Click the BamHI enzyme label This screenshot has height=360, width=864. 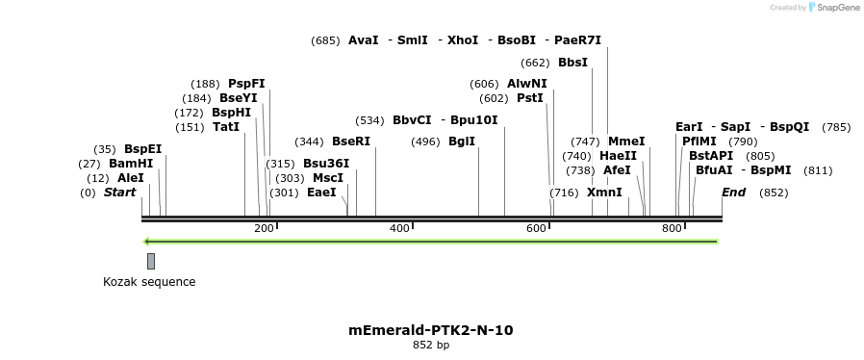pyautogui.click(x=131, y=164)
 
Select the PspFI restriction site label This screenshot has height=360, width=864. pyautogui.click(x=246, y=84)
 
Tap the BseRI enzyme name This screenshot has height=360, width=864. pyautogui.click(x=350, y=141)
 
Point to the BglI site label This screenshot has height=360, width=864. pyautogui.click(x=462, y=141)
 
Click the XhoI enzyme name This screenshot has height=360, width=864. pyautogui.click(x=463, y=40)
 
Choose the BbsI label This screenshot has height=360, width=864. pyautogui.click(x=572, y=64)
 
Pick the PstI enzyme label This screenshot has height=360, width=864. pyautogui.click(x=530, y=98)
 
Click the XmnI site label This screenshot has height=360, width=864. pyautogui.click(x=604, y=193)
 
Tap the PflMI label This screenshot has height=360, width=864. pyautogui.click(x=699, y=141)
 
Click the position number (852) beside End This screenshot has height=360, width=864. pyautogui.click(x=774, y=193)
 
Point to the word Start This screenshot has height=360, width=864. pyautogui.click(x=119, y=193)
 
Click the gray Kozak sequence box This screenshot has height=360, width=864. pyautogui.click(x=151, y=261)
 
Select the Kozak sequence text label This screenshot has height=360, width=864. pyautogui.click(x=149, y=282)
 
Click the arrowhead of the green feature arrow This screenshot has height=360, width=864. pyautogui.click(x=146, y=241)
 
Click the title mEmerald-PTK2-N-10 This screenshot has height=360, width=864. pyautogui.click(x=431, y=330)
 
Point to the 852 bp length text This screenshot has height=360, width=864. pyautogui.click(x=431, y=345)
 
